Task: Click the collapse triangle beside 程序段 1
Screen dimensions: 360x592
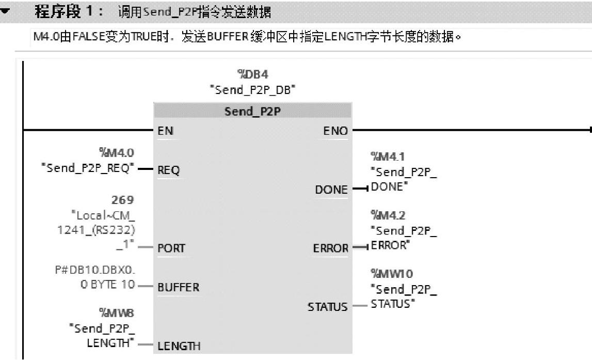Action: pos(5,12)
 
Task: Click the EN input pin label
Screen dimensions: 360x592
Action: pos(166,131)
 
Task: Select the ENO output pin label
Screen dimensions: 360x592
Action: pos(335,131)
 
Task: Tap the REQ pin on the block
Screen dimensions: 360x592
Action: pos(169,170)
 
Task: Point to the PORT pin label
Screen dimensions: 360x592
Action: pos(171,248)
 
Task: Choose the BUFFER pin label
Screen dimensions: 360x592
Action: pos(178,287)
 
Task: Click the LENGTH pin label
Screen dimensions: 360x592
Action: pos(179,346)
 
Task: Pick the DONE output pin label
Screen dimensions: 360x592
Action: pos(331,190)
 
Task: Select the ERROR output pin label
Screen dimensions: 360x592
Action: pos(330,248)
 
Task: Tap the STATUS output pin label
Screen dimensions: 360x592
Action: pos(328,307)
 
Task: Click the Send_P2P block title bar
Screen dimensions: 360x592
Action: pos(252,111)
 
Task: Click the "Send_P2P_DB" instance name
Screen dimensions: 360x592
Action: pos(252,90)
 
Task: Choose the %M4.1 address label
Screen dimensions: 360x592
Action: pos(385,155)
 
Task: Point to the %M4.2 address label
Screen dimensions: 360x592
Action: pos(385,214)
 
